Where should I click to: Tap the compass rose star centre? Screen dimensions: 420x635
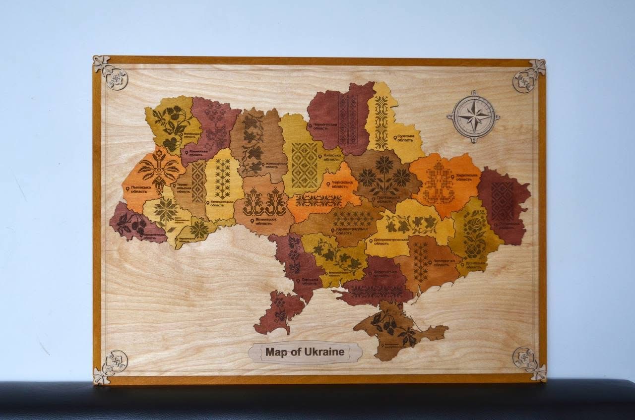473,117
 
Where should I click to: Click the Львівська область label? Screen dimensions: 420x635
138,190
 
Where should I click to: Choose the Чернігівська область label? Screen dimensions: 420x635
327,126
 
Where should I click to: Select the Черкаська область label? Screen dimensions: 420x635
342,185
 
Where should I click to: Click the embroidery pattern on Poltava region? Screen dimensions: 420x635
384,176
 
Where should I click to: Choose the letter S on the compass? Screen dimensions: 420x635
473,140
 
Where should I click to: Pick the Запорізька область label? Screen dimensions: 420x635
443,263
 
